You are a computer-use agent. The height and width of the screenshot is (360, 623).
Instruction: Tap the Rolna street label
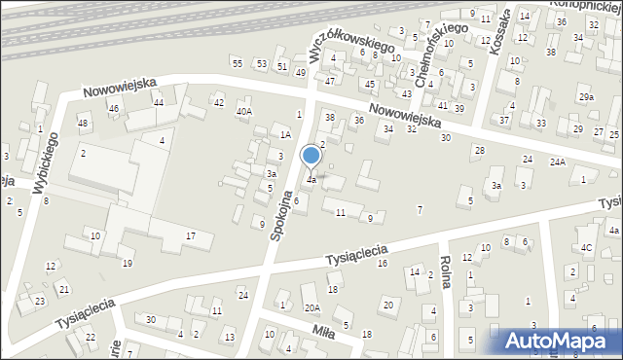coord(449,274)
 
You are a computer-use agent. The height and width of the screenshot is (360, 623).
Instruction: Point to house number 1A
coord(285,135)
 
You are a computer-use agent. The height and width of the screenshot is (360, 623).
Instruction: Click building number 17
coord(192,236)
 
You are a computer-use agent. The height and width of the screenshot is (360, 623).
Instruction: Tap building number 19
coord(127,264)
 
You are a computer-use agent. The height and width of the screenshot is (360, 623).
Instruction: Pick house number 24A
coord(557,162)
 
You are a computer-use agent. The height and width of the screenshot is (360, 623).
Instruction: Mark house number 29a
coord(586,97)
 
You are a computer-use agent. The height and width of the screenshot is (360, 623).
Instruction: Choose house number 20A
coord(311,307)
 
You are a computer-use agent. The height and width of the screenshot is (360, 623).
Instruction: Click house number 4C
coord(586,247)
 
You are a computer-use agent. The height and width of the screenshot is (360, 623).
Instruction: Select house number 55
coord(237,63)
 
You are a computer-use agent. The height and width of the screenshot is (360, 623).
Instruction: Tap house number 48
coord(83,123)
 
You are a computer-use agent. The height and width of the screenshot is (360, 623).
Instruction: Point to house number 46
coord(113,108)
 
